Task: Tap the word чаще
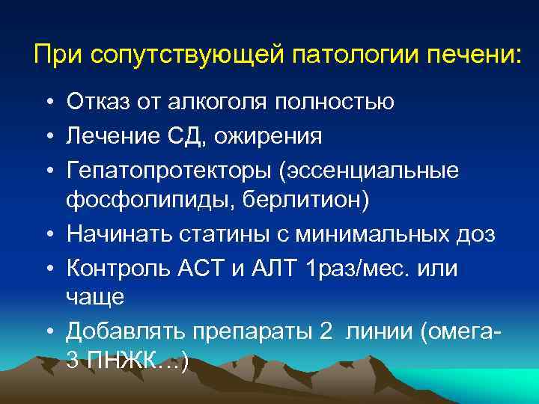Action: (95, 299)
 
